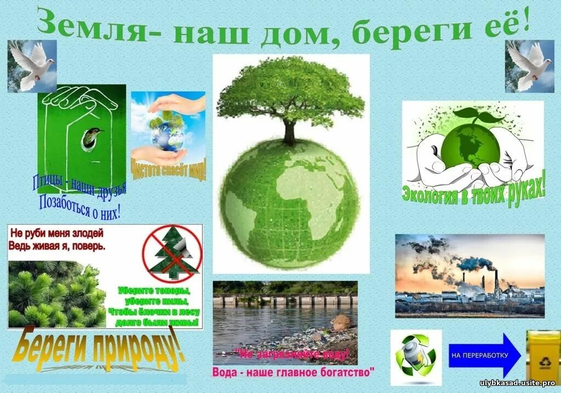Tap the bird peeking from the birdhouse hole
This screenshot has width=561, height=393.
(93, 135)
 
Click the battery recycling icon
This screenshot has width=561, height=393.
(415, 356)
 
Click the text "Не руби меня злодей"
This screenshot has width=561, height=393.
(56, 233)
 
